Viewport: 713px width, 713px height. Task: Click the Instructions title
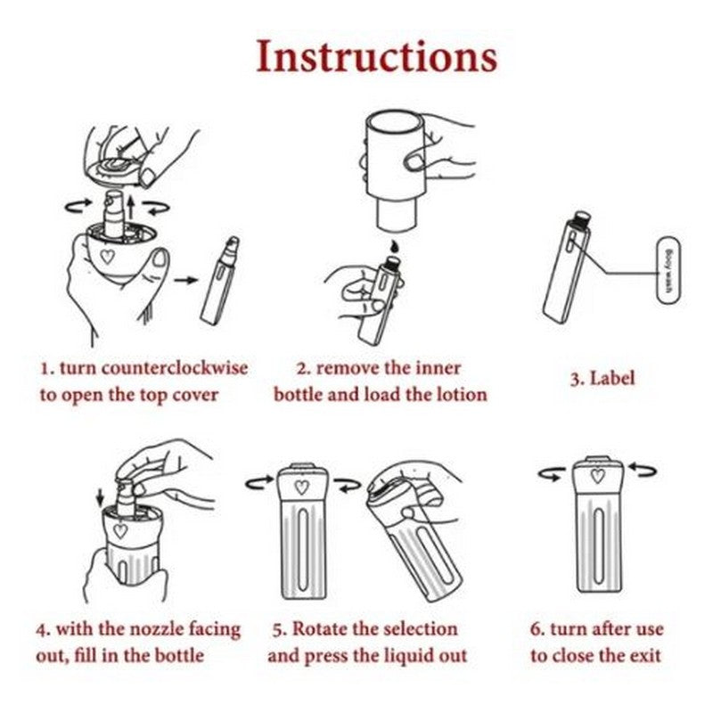click(x=377, y=57)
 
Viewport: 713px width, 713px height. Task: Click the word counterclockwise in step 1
click(x=175, y=368)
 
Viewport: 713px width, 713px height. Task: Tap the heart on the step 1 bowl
click(x=107, y=257)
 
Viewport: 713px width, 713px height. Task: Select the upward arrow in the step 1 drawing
click(x=130, y=209)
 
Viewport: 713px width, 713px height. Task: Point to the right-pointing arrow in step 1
click(x=186, y=280)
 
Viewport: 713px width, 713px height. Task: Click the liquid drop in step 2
click(x=394, y=247)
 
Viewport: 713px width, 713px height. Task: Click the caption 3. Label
click(x=602, y=379)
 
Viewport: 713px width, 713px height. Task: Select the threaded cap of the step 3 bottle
click(x=582, y=219)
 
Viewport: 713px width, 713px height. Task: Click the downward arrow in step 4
click(x=100, y=498)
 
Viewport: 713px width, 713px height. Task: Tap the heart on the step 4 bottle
click(x=120, y=531)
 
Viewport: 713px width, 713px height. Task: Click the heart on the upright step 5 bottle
click(x=301, y=487)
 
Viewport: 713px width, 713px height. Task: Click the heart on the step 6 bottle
click(x=597, y=476)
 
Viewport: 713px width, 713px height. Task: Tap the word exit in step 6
click(x=644, y=656)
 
